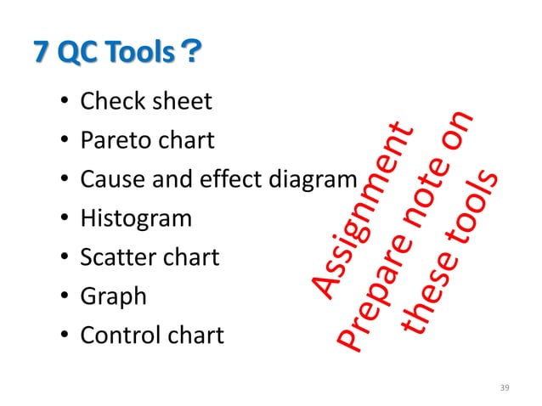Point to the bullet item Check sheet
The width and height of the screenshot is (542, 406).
pos(145,102)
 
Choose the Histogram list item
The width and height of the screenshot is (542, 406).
pos(136,218)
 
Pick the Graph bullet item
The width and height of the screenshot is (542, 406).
pos(113,297)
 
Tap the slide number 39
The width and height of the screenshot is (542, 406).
pos(505,387)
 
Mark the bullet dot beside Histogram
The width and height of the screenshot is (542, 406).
pos(64,219)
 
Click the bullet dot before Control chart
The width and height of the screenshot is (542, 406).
pos(64,336)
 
